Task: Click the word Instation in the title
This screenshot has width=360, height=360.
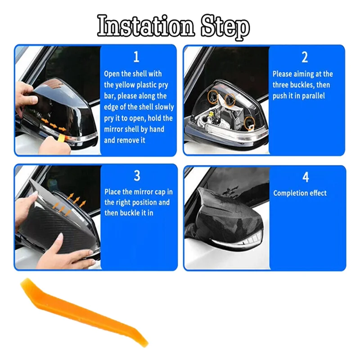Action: pyautogui.click(x=146, y=26)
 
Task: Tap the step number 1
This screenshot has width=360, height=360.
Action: pyautogui.click(x=136, y=57)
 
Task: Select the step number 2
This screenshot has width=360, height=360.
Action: pyautogui.click(x=305, y=57)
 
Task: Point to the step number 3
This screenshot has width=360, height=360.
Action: pyautogui.click(x=137, y=175)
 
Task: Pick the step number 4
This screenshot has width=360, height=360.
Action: pyautogui.click(x=306, y=177)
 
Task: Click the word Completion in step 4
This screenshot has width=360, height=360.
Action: pyautogui.click(x=290, y=193)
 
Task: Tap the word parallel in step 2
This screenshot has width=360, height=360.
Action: pyautogui.click(x=313, y=96)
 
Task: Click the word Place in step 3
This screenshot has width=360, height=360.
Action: pyautogui.click(x=112, y=192)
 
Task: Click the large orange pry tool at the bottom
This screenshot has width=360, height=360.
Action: pyautogui.click(x=84, y=312)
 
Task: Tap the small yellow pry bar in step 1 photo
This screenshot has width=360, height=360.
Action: pyautogui.click(x=62, y=137)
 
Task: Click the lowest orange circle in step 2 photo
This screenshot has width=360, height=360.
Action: pyautogui.click(x=249, y=123)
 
